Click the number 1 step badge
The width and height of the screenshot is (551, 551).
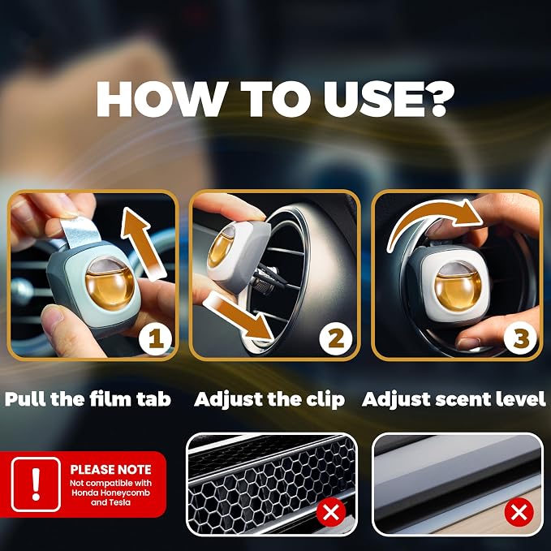[155, 338]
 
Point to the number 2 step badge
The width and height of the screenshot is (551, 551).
[336, 338]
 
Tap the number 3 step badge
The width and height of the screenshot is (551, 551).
[520, 338]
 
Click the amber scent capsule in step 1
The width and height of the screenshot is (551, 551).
[110, 283]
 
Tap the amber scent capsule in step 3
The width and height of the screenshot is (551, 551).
[458, 286]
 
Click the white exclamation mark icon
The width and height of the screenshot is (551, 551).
[36, 484]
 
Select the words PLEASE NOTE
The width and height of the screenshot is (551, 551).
[110, 470]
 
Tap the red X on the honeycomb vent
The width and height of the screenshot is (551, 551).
[330, 512]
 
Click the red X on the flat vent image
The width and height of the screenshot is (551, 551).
[519, 512]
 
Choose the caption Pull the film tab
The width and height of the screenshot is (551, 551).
[88, 399]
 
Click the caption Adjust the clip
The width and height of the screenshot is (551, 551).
[269, 400]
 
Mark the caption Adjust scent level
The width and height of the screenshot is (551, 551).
[454, 399]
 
